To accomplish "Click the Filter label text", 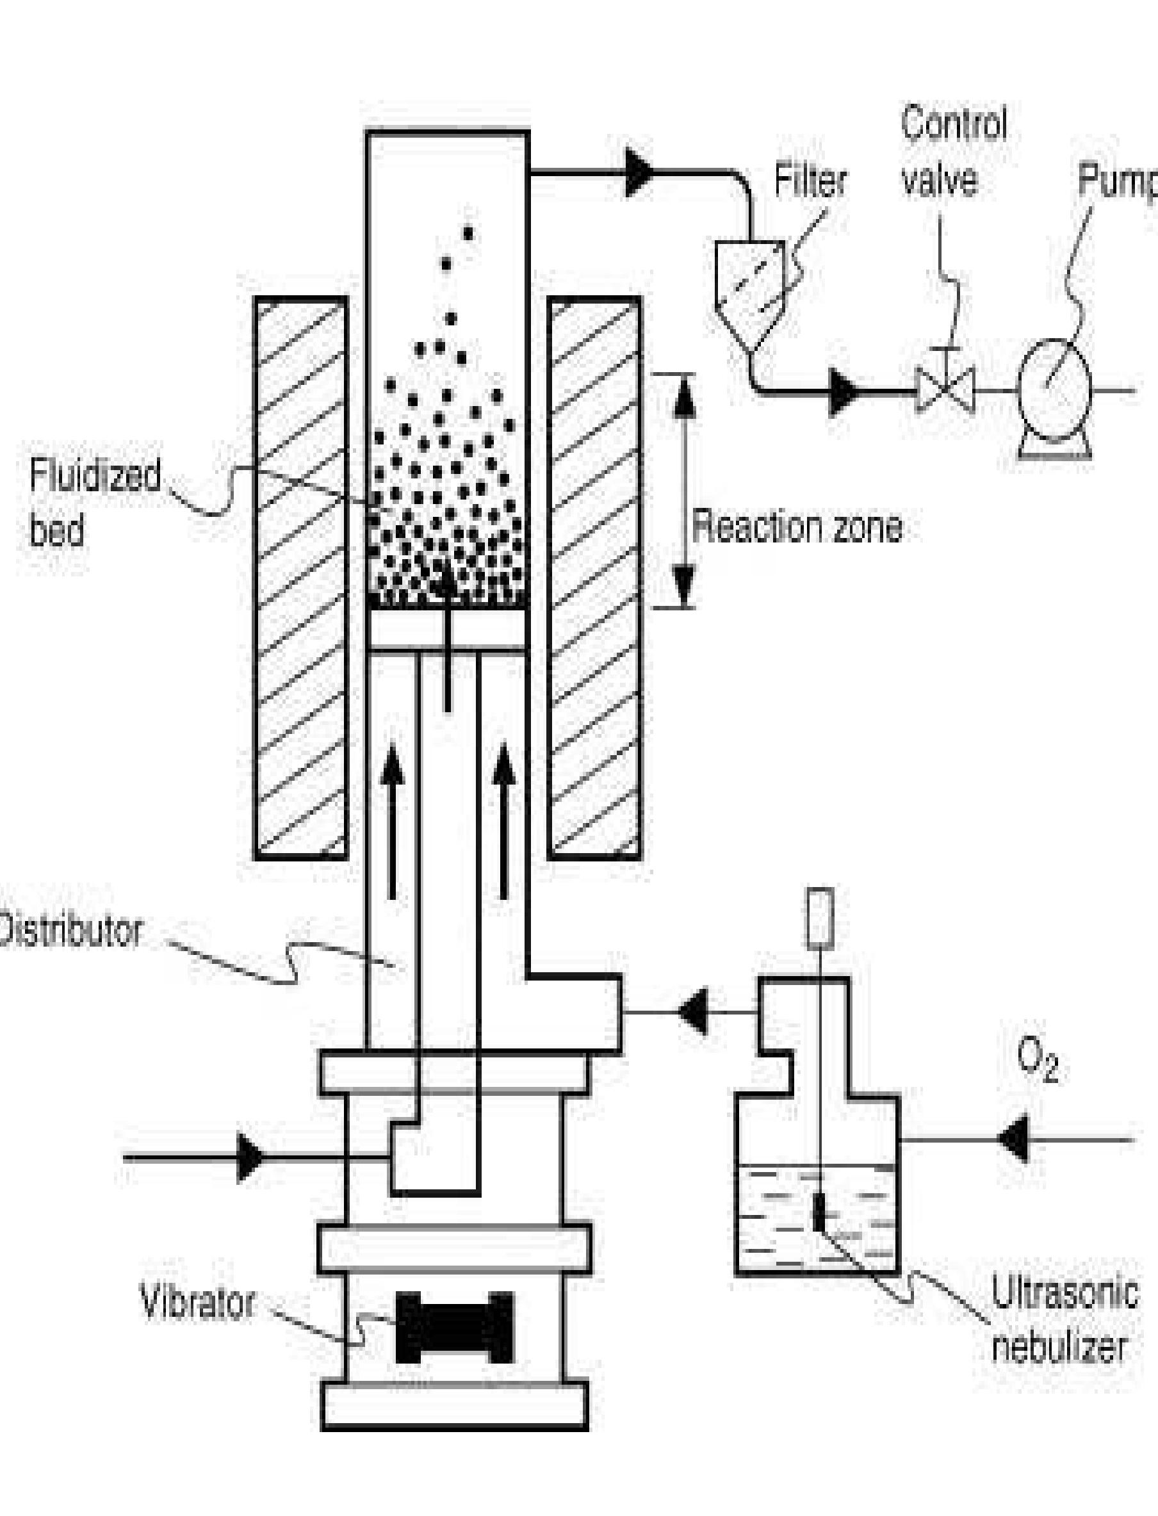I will click(x=810, y=181).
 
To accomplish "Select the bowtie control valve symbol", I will click(x=944, y=391).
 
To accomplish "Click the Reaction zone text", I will click(x=797, y=528).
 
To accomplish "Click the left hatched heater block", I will click(x=300, y=579).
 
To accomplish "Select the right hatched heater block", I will click(x=594, y=579).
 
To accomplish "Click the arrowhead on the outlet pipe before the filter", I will click(x=639, y=172).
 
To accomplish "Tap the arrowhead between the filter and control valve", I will click(x=844, y=393).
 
